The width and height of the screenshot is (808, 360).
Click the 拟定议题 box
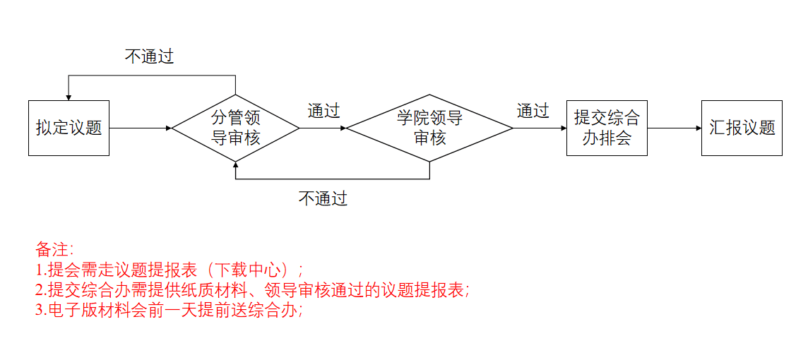pos(69,128)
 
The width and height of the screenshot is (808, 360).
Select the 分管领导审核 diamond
pos(235,128)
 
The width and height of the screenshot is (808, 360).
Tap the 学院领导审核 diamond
pos(429,128)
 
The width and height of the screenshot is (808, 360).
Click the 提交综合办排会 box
pos(607,128)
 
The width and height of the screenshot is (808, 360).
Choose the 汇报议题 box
pos(742,128)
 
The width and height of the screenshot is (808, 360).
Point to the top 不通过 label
pos(149,57)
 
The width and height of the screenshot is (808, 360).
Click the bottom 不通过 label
pos(323,198)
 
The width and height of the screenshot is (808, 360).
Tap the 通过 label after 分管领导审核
pos(323,111)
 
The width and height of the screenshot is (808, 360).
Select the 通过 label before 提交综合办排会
pos(533,111)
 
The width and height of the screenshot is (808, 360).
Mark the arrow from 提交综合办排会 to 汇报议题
pos(674,128)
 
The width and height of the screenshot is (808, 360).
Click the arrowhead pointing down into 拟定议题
pos(69,97)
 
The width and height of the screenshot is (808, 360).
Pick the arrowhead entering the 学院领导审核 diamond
pos(343,128)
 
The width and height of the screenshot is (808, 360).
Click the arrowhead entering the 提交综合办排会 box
pos(563,128)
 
